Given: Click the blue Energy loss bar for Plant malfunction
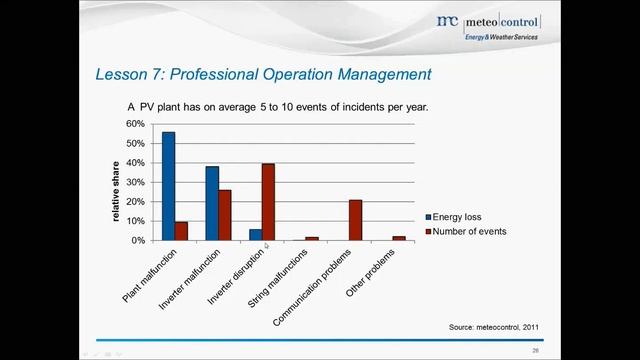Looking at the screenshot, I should (168, 186).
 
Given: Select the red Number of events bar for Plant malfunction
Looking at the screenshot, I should (181, 231).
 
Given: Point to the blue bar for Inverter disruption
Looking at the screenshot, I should (255, 235).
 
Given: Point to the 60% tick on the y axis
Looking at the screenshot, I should (135, 124).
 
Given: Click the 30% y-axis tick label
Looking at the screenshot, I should (135, 182).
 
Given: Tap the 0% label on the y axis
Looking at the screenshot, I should (138, 241).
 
